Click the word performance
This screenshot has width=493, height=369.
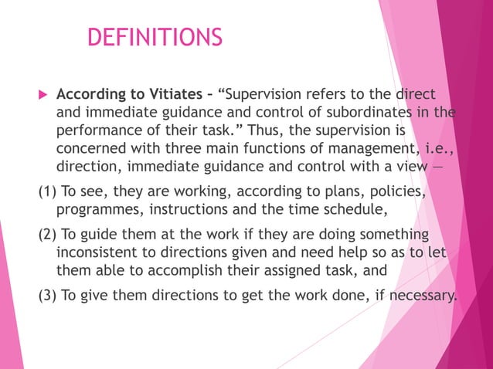pyautogui.click(x=100, y=130)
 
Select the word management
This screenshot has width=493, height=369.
pyautogui.click(x=386, y=147)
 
